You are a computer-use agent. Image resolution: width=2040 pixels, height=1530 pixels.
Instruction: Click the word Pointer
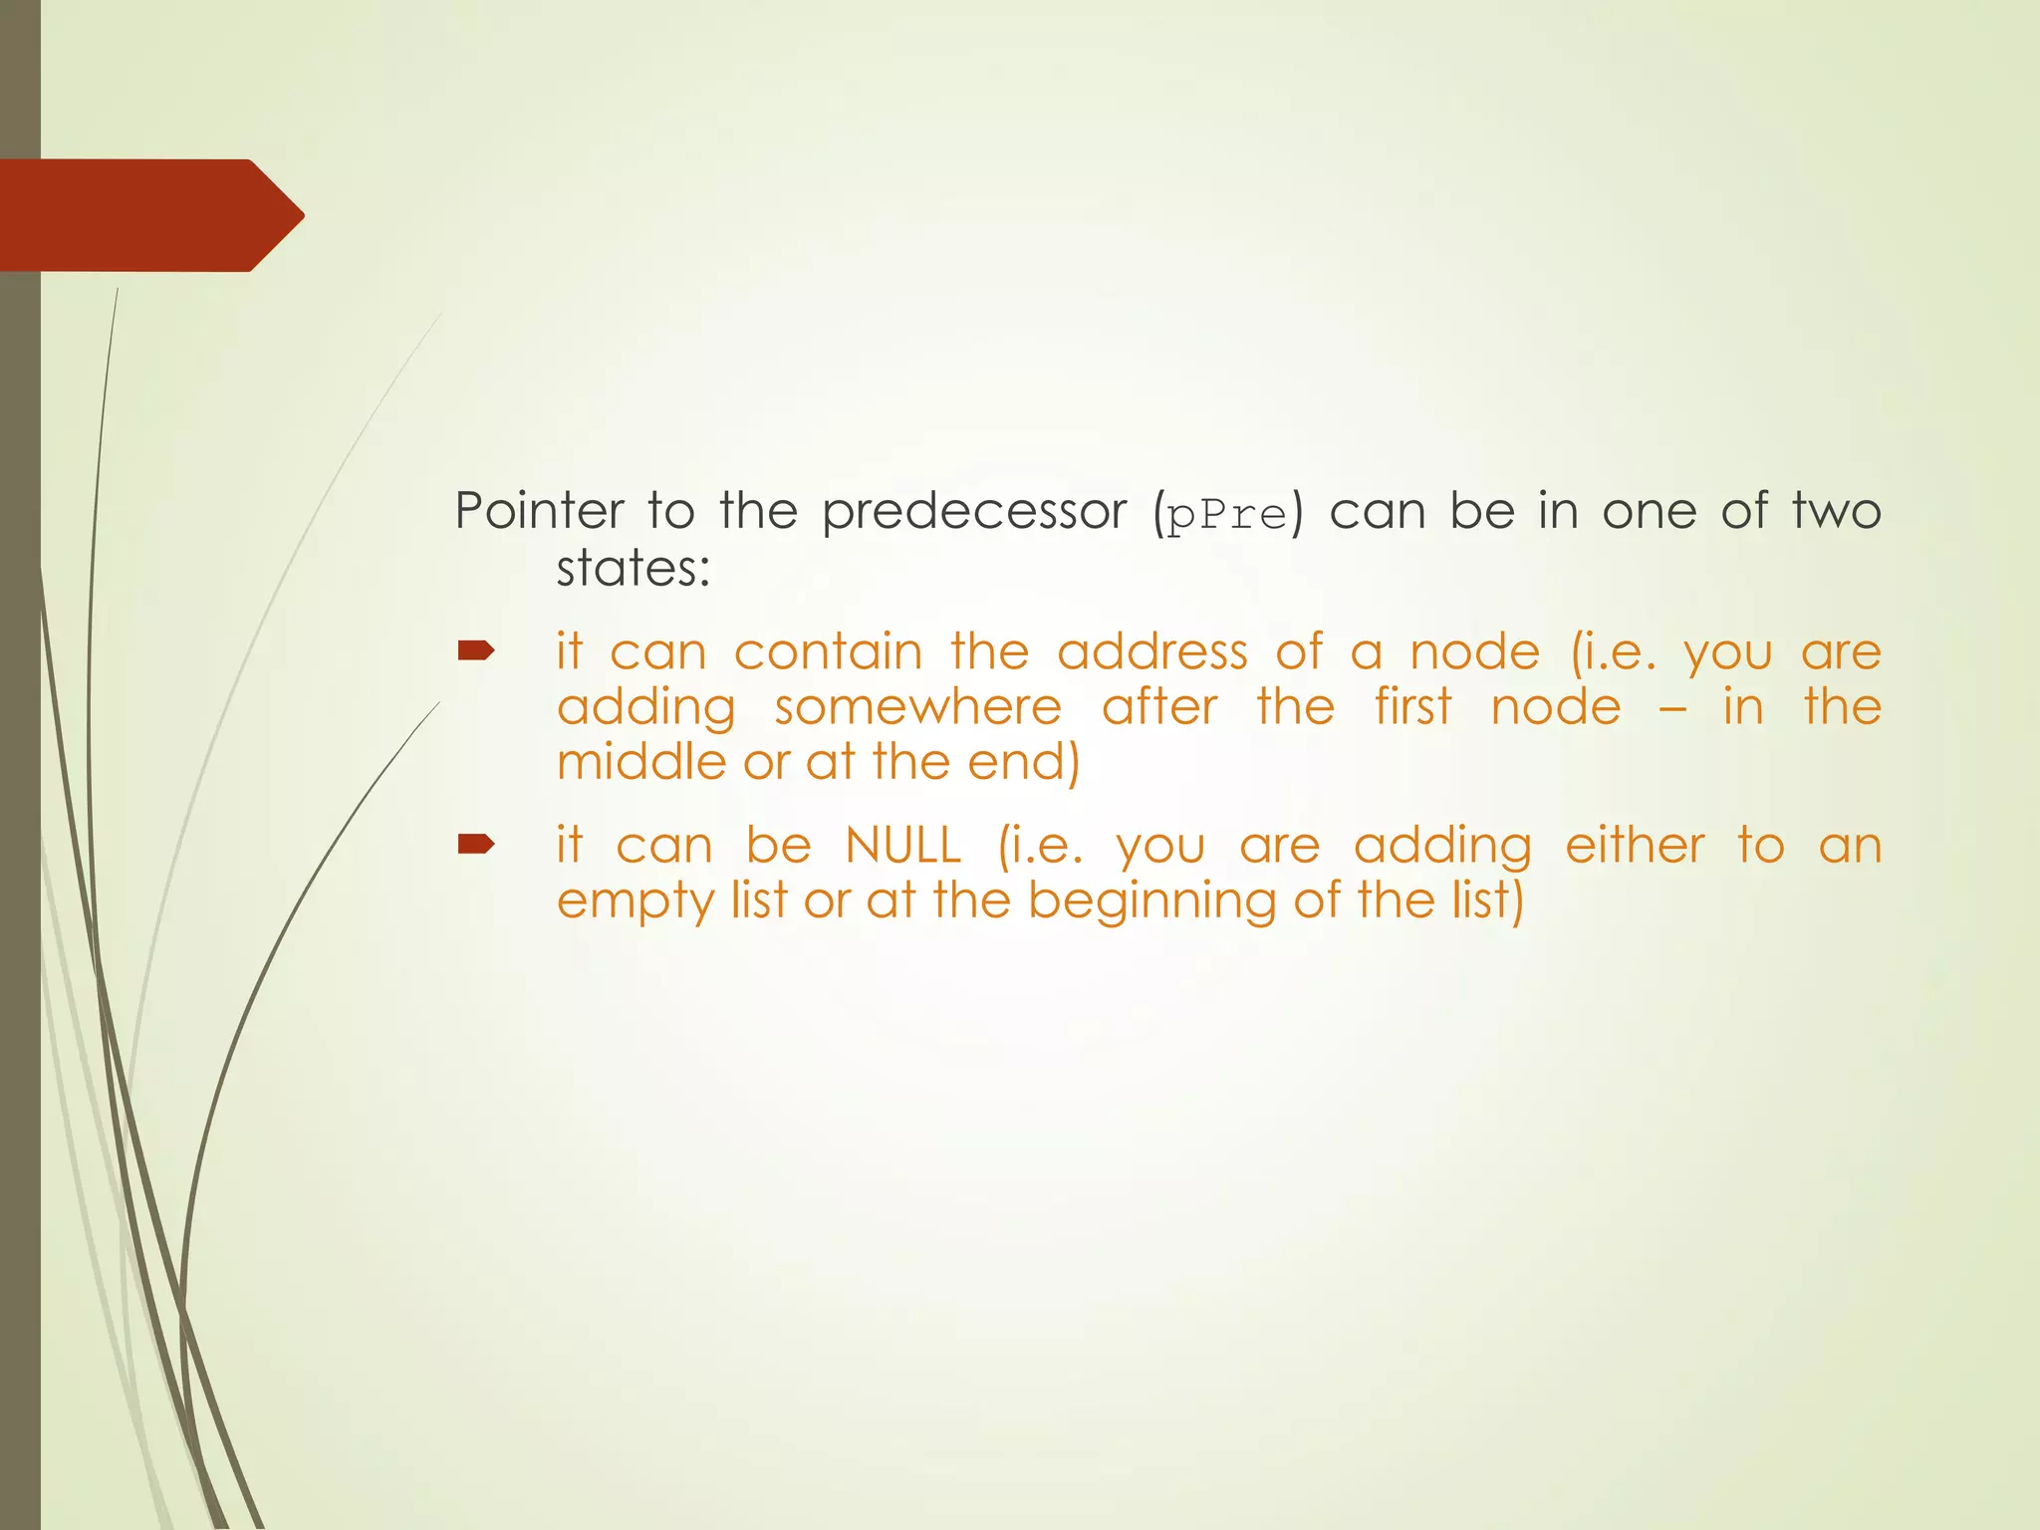pos(539,511)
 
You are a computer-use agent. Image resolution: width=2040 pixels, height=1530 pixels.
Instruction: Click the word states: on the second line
pos(633,569)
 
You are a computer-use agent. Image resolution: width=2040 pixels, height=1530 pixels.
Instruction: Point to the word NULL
pos(902,846)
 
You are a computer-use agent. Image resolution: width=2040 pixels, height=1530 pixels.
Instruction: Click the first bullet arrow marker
pos(476,651)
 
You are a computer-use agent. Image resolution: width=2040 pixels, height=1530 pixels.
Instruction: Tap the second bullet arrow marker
pos(476,845)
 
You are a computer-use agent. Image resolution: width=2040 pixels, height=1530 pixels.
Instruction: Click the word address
pos(1151,652)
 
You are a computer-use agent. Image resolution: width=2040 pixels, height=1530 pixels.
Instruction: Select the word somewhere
pos(917,707)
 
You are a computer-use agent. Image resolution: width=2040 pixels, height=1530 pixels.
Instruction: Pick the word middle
pos(641,762)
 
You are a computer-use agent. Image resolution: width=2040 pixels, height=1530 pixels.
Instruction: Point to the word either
pos(1635,846)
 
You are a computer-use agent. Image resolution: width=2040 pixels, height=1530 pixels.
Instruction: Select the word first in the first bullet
pos(1412,707)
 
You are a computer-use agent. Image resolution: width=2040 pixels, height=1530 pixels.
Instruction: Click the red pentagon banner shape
pos(149,215)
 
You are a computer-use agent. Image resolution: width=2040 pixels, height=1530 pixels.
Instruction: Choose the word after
pos(1159,707)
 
